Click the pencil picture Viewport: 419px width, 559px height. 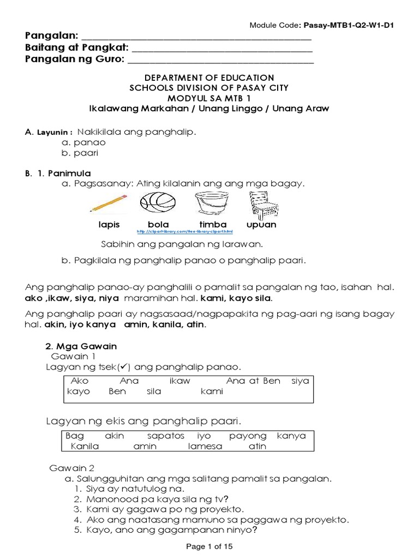point(107,204)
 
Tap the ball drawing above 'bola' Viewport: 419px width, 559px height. point(158,204)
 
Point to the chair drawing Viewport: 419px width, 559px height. point(262,204)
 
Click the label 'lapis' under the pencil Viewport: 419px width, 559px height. point(109,224)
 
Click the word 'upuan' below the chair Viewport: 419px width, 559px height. point(261,224)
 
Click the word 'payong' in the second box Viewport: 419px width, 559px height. point(248,436)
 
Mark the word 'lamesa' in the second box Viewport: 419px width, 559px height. point(205,447)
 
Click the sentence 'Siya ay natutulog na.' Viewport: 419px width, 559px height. point(131,489)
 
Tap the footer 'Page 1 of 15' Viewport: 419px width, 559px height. point(209,546)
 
